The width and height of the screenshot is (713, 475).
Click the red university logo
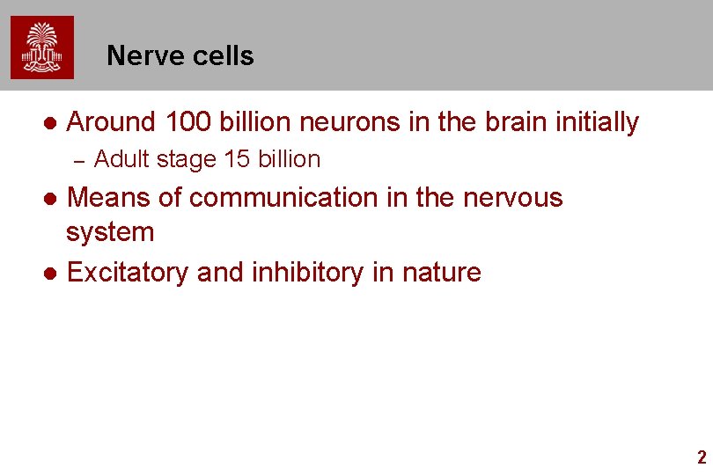pos(42,47)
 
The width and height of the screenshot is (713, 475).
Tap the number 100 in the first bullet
pos(188,122)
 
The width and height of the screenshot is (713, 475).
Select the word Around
pos(111,122)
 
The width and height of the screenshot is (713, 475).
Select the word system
pos(110,233)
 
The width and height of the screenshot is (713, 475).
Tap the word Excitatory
pos(129,273)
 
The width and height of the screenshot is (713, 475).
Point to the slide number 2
pos(701,457)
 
